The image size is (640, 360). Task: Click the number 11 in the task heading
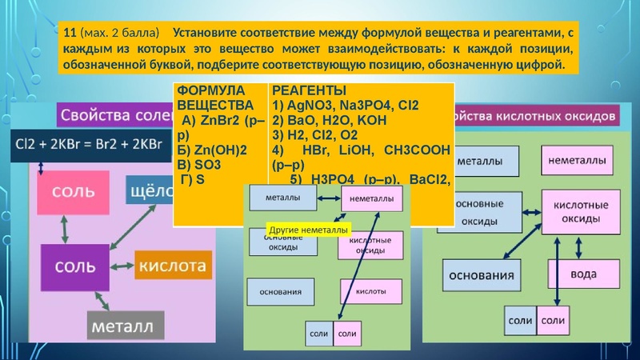click(70, 34)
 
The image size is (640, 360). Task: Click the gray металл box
click(125, 326)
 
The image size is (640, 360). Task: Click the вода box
click(582, 274)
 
